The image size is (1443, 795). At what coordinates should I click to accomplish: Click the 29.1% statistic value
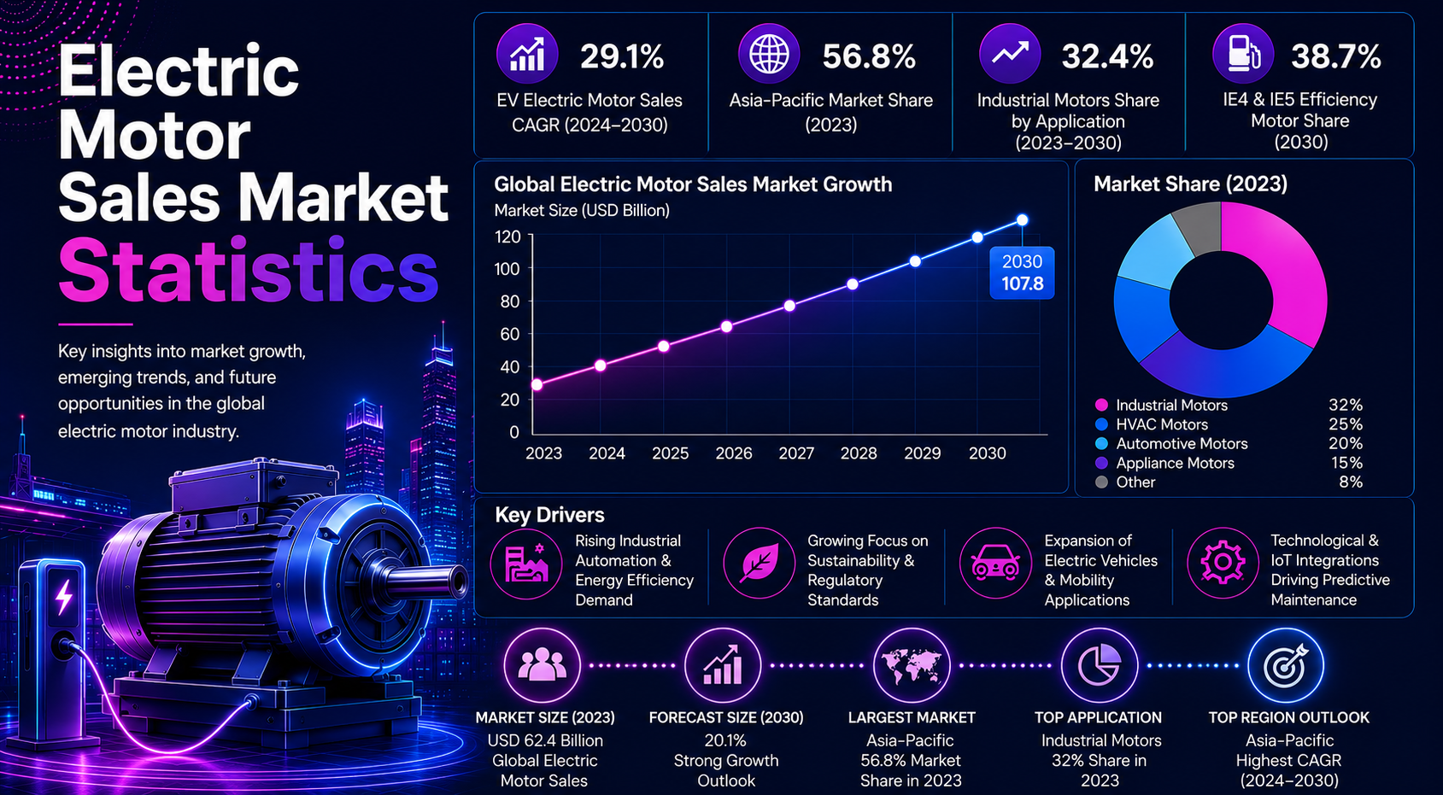(x=622, y=56)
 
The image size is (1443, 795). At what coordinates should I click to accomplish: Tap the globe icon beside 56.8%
(x=769, y=54)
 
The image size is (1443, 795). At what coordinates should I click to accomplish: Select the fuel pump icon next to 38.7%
(x=1243, y=54)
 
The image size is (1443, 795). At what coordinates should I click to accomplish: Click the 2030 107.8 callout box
(x=1022, y=273)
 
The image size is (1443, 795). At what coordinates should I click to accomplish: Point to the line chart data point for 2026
(x=726, y=326)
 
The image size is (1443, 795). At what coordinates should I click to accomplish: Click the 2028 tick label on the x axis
(x=858, y=453)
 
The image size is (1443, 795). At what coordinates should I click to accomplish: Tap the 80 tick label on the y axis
(x=509, y=301)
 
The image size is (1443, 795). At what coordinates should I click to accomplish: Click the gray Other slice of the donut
(x=1198, y=226)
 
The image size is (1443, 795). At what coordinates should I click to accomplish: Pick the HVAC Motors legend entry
(x=1152, y=424)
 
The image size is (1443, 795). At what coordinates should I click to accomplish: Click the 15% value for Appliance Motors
(x=1346, y=463)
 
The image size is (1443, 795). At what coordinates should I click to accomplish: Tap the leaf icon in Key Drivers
(x=760, y=564)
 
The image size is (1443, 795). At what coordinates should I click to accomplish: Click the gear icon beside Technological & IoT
(x=1222, y=563)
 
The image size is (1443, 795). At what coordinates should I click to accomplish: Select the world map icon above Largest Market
(x=911, y=665)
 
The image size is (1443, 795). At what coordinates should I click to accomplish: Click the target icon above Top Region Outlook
(x=1285, y=665)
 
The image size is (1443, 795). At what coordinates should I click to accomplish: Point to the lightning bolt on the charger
(x=64, y=598)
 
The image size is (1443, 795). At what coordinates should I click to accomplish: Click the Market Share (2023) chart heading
(x=1190, y=184)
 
